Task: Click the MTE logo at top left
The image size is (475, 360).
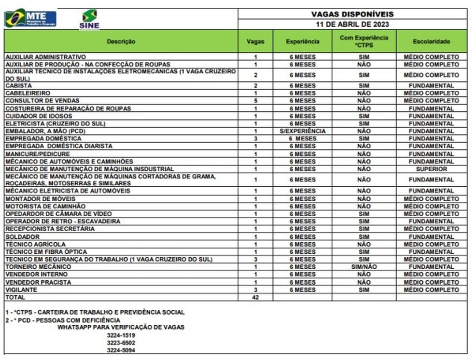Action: (30, 18)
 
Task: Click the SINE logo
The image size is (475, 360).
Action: (89, 19)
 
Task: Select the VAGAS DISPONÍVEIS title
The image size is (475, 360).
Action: (352, 14)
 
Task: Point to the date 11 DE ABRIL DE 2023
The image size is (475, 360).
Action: (352, 24)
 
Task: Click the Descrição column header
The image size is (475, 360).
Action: (121, 42)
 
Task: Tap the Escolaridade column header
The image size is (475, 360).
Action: (431, 42)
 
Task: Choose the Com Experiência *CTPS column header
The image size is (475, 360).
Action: (363, 42)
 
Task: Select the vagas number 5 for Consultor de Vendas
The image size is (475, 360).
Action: (255, 101)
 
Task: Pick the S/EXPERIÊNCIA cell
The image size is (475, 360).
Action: (302, 131)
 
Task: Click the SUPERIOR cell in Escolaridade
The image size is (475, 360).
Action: (431, 169)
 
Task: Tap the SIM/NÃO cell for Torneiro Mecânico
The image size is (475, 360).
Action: (363, 267)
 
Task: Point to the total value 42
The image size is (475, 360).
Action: (255, 297)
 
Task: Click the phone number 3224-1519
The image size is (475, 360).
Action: (121, 335)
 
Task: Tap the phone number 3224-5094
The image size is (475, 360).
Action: (121, 350)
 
